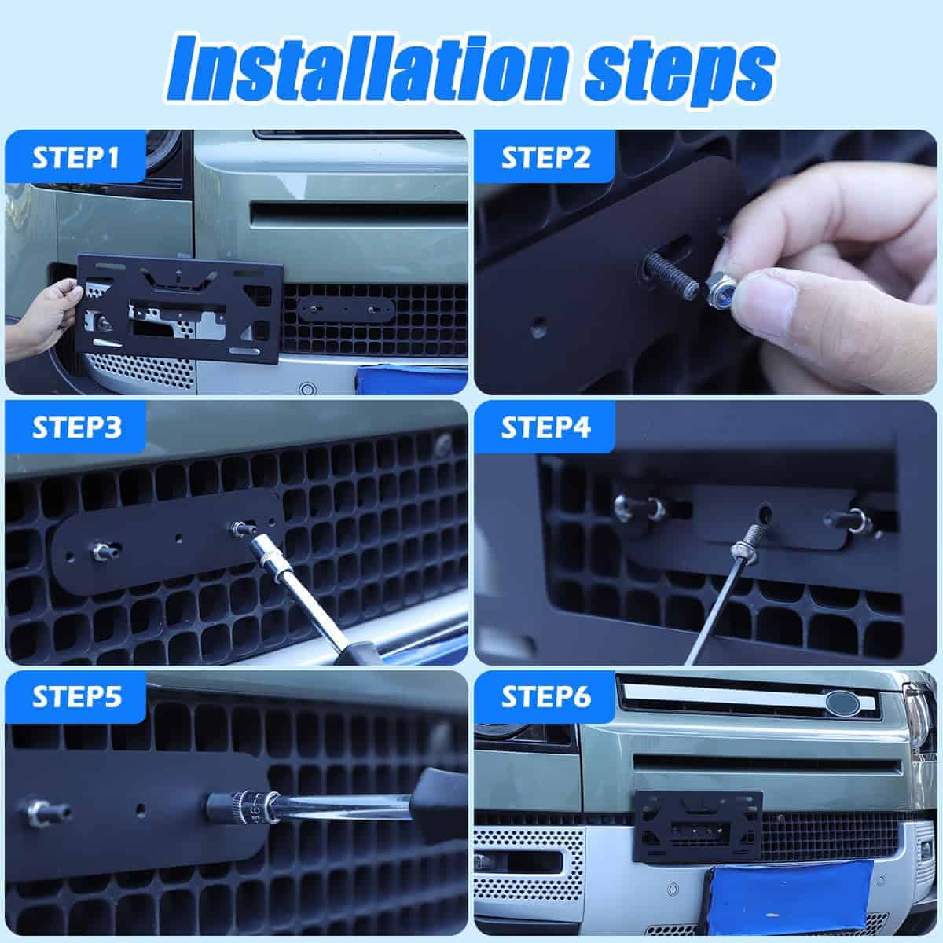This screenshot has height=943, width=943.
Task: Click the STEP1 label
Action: click(x=75, y=158)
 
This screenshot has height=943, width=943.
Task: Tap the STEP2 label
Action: click(x=545, y=158)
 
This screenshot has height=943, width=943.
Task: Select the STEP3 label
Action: click(x=77, y=427)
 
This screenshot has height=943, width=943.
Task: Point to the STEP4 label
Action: click(x=545, y=427)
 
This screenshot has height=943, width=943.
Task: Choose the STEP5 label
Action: click(x=77, y=697)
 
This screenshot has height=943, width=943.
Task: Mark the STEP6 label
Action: click(x=546, y=697)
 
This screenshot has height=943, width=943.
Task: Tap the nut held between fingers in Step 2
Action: click(x=721, y=294)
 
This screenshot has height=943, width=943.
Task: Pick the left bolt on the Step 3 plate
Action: click(x=104, y=550)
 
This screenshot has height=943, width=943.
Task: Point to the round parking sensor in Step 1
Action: click(x=306, y=390)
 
